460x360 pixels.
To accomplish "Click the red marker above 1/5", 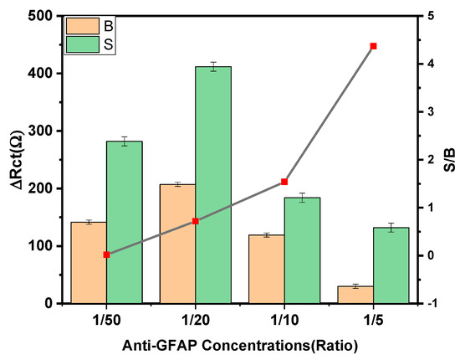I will pos(373,46).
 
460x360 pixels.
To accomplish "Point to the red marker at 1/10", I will pos(284,182).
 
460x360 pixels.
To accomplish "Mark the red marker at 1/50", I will pos(106,255).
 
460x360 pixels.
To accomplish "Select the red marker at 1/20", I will pos(195,221).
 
